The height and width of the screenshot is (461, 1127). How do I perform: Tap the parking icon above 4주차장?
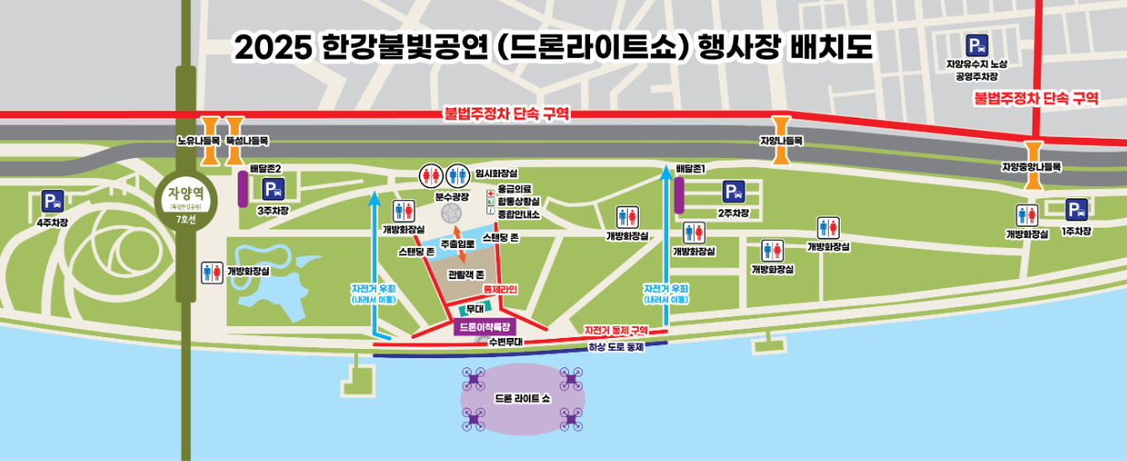(52, 201)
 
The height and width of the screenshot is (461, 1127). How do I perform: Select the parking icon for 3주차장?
(273, 189)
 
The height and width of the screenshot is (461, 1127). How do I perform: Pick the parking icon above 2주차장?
(732, 192)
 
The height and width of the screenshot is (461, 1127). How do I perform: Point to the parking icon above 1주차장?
(1077, 210)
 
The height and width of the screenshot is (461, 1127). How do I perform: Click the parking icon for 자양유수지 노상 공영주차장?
(976, 44)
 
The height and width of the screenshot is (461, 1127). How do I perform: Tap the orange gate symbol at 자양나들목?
(781, 128)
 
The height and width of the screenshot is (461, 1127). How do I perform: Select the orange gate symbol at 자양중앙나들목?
(1032, 153)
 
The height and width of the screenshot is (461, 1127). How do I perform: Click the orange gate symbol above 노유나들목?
(209, 128)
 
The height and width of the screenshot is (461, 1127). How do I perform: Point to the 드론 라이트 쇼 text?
(520, 399)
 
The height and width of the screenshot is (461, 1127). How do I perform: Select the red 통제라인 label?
(501, 289)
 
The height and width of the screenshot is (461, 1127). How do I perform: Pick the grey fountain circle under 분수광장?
(451, 213)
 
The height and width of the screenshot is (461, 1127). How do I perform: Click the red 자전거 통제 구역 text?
(616, 330)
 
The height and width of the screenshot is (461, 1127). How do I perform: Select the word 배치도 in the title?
(836, 46)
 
